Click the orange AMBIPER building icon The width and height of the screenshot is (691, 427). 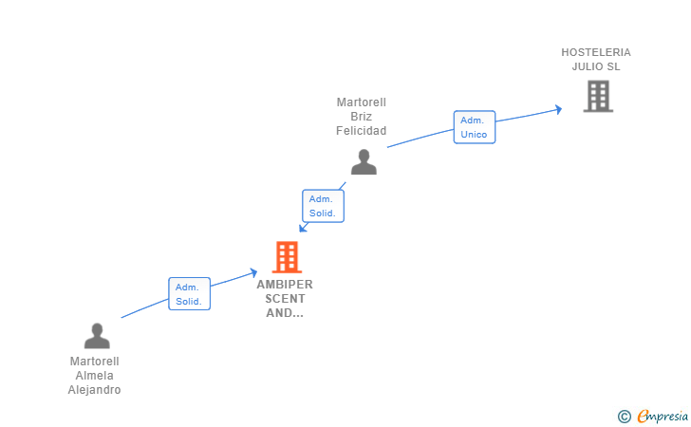(x=286, y=256)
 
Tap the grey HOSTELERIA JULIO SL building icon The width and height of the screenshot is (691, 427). (x=597, y=96)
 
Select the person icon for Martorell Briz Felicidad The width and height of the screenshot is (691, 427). (x=364, y=162)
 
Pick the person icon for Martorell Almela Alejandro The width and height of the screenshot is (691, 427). (x=97, y=336)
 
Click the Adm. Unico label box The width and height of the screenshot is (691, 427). (x=474, y=127)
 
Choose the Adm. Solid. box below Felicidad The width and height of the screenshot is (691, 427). (x=323, y=206)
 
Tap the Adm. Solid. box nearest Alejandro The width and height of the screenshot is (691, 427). (x=189, y=294)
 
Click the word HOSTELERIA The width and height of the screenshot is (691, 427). (x=596, y=52)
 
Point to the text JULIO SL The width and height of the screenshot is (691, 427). (x=596, y=66)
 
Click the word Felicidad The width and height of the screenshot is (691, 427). (x=362, y=131)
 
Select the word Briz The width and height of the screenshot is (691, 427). (x=362, y=117)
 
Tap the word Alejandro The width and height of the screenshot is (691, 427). (x=95, y=390)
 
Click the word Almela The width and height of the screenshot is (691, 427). (x=95, y=376)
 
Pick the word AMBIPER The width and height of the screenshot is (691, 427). (x=285, y=284)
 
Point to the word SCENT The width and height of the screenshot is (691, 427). (x=285, y=298)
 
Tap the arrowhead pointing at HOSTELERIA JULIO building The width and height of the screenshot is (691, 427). (x=558, y=109)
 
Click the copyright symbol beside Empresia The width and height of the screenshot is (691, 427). (x=624, y=416)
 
